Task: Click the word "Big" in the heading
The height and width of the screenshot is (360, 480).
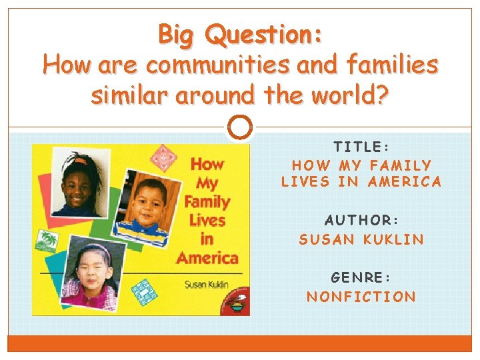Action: [x=178, y=34]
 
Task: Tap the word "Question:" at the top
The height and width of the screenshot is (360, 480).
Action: [x=264, y=35]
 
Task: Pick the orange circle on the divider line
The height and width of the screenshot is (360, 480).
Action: [x=240, y=126]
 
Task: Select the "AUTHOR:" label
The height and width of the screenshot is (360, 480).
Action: [x=361, y=220]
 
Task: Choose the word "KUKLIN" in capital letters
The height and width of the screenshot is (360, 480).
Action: [x=393, y=239]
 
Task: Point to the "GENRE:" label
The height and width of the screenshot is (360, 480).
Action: [x=361, y=277]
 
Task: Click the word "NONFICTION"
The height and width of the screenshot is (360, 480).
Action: [x=361, y=297]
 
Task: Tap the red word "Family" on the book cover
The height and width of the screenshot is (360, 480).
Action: [x=207, y=201]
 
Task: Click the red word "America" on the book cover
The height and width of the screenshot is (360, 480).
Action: [x=207, y=257]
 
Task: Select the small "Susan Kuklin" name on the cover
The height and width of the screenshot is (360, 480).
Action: [x=206, y=284]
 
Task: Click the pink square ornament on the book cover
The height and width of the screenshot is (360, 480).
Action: [x=163, y=158]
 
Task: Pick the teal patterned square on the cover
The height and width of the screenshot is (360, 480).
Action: [x=141, y=291]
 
